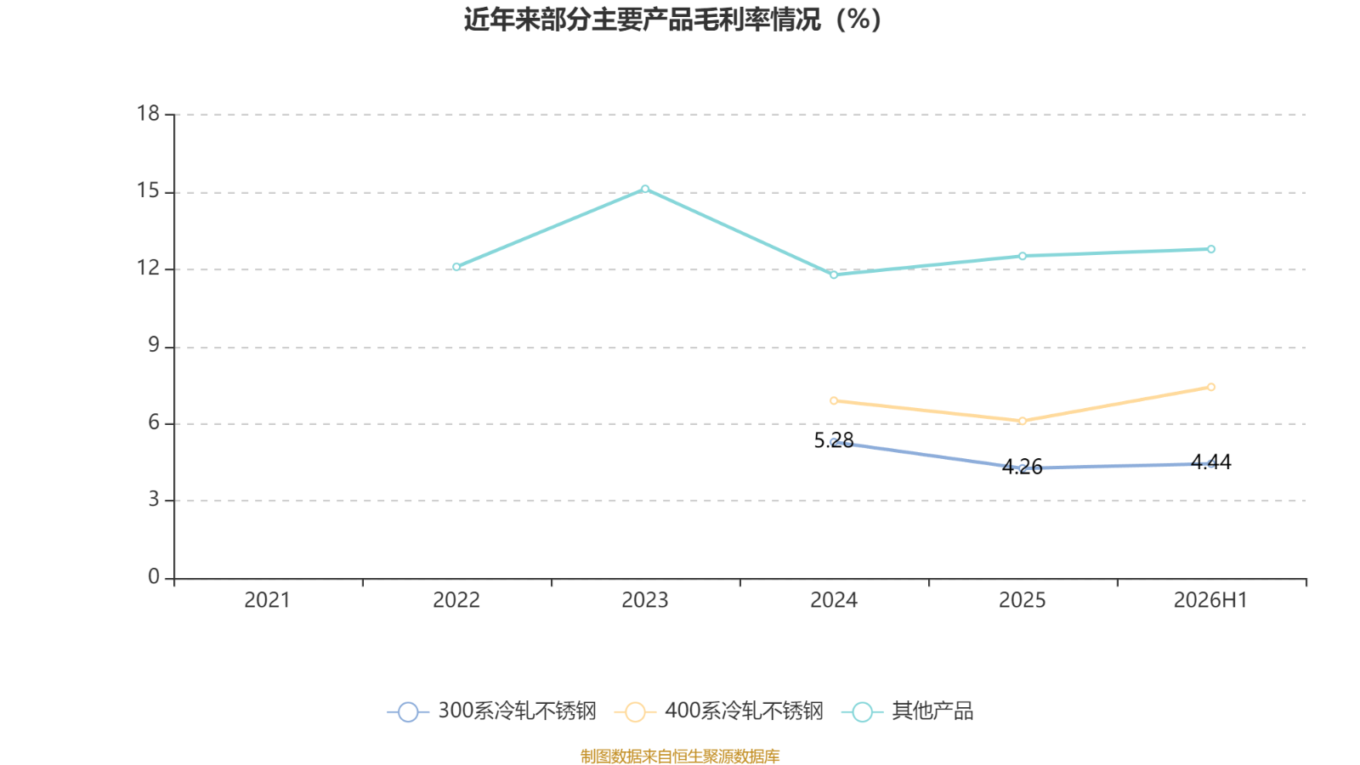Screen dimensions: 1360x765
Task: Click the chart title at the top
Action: pyautogui.click(x=672, y=20)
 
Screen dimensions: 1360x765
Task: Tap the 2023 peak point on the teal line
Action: pyautogui.click(x=645, y=189)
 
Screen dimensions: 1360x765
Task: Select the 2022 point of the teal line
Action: pyautogui.click(x=456, y=267)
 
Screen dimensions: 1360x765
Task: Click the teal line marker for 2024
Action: pyautogui.click(x=834, y=275)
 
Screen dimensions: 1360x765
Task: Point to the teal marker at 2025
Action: pyautogui.click(x=1023, y=256)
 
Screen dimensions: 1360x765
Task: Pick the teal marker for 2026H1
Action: pyautogui.click(x=1210, y=249)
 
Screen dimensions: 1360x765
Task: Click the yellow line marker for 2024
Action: pyautogui.click(x=834, y=400)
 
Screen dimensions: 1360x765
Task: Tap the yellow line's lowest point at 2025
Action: pyautogui.click(x=1023, y=421)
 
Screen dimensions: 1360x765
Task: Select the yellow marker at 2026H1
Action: pyautogui.click(x=1210, y=387)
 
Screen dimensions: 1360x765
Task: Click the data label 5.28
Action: pyautogui.click(x=834, y=440)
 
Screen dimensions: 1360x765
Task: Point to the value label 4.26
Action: pyautogui.click(x=1023, y=467)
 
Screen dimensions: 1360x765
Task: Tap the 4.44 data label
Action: pyautogui.click(x=1210, y=462)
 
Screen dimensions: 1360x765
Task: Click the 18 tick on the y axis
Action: pyautogui.click(x=148, y=114)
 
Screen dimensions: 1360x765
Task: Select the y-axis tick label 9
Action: pyautogui.click(x=154, y=345)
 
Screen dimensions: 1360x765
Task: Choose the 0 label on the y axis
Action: pyautogui.click(x=154, y=577)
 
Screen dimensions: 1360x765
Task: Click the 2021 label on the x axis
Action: pyautogui.click(x=267, y=600)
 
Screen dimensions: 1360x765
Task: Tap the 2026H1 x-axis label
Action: pyautogui.click(x=1210, y=600)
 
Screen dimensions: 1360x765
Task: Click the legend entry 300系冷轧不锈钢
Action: pyautogui.click(x=492, y=711)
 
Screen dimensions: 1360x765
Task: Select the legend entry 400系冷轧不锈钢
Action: pyautogui.click(x=719, y=711)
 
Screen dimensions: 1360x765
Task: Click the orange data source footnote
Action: pyautogui.click(x=680, y=756)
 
